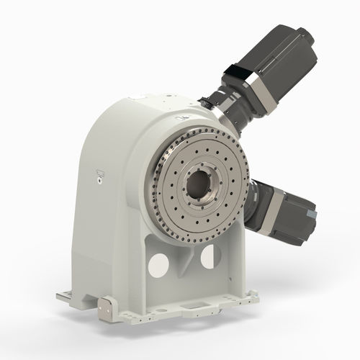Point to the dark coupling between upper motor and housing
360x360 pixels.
(x=220, y=108)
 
